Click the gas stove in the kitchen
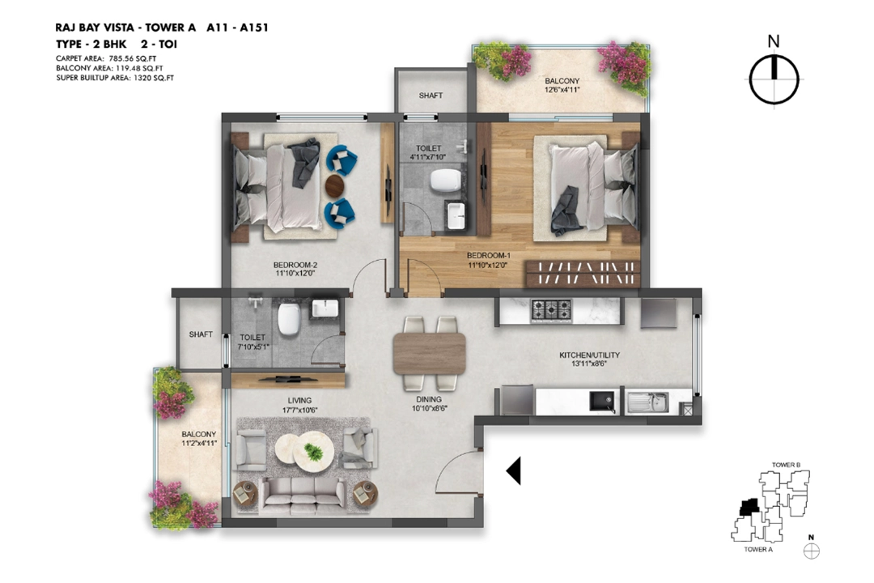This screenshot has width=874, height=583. tap(551, 309)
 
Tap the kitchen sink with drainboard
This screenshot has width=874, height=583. tap(647, 402)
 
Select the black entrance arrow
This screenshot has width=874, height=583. tap(513, 471)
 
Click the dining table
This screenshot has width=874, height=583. tap(429, 353)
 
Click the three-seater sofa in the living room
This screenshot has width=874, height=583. tap(303, 496)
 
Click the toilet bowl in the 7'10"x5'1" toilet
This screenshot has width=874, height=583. tap(289, 318)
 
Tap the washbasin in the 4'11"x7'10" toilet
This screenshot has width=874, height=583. tap(456, 216)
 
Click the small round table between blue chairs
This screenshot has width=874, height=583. tap(335, 185)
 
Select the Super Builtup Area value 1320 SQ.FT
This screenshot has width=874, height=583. tap(154, 78)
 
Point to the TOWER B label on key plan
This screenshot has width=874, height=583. tap(786, 465)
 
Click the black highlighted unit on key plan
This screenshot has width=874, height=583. tap(749, 507)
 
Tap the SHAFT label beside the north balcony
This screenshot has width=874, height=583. tap(431, 96)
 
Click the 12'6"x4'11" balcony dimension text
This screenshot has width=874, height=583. tap(562, 89)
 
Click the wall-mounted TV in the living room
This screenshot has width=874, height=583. tap(289, 380)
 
